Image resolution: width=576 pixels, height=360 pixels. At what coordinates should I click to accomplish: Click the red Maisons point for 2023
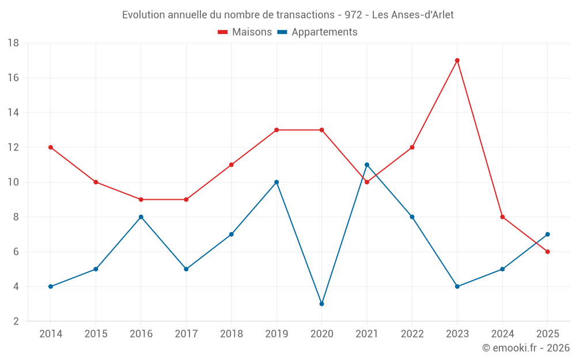click(457, 60)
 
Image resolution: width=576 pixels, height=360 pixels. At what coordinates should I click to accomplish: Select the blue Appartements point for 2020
click(322, 304)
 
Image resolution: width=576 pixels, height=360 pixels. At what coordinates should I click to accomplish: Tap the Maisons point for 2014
click(51, 147)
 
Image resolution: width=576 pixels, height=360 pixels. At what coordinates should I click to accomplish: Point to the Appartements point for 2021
click(366, 165)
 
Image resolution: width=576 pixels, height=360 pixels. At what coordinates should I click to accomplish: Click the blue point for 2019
click(276, 182)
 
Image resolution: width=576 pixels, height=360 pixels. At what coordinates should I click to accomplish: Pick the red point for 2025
click(547, 252)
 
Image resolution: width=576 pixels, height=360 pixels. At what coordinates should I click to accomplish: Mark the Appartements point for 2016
click(141, 217)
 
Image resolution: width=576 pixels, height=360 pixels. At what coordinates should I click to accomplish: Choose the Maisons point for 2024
click(502, 217)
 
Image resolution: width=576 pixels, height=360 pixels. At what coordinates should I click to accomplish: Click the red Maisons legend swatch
click(222, 32)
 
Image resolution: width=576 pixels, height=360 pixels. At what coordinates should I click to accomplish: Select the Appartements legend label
click(324, 32)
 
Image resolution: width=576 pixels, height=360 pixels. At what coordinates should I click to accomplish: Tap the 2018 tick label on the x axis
click(232, 334)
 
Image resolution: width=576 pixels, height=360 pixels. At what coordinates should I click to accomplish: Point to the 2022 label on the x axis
click(412, 334)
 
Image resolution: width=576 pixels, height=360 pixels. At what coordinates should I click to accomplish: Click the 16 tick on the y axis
click(13, 78)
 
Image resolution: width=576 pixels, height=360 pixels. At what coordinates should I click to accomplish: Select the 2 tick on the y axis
click(16, 321)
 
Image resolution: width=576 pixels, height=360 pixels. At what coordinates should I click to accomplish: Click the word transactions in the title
click(305, 15)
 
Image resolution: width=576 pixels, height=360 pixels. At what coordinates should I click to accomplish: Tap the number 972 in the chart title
click(353, 15)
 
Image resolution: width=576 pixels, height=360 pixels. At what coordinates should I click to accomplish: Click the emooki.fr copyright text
click(526, 347)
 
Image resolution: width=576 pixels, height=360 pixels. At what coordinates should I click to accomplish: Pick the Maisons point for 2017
click(186, 199)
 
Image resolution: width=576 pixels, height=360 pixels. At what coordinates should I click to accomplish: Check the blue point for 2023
click(457, 286)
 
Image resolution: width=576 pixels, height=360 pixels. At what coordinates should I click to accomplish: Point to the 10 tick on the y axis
click(13, 182)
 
